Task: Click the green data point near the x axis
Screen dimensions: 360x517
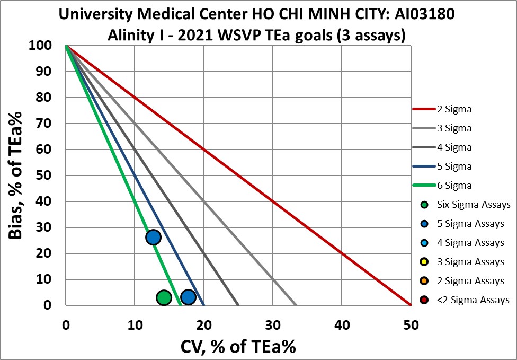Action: point(164,297)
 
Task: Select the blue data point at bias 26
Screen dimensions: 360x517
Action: point(153,237)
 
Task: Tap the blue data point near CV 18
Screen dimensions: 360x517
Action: point(188,297)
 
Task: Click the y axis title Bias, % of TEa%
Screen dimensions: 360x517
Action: point(15,175)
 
